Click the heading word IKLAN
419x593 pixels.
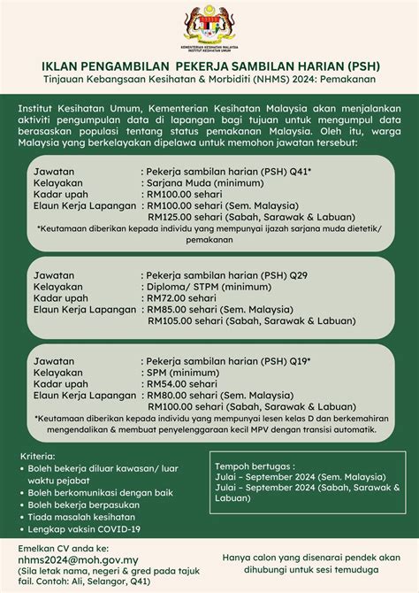pos(62,66)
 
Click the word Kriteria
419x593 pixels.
pos(37,456)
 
